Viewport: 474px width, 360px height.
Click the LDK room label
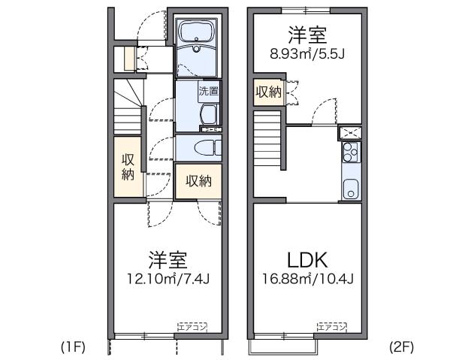[x=307, y=261]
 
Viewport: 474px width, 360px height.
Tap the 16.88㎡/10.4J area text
[x=307, y=280]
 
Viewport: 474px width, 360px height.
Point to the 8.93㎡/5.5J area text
[x=307, y=53]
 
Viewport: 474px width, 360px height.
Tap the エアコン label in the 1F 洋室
[x=192, y=327]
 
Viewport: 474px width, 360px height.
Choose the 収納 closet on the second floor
[x=267, y=92]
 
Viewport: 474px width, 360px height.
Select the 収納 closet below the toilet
[x=198, y=181]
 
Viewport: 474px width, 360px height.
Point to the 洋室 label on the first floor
[x=167, y=261]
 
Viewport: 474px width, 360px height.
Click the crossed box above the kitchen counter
[x=349, y=133]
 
